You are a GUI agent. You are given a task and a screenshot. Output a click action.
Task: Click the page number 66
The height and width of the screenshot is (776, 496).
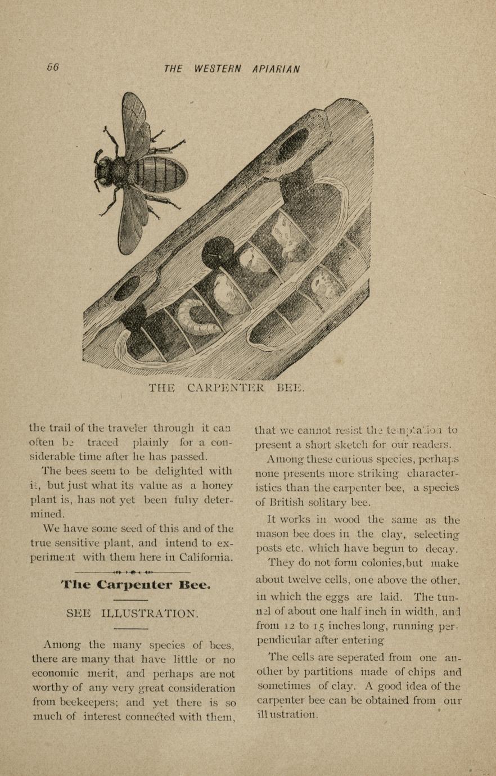[x=53, y=67]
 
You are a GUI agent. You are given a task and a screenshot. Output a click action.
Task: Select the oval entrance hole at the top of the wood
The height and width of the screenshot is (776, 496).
[x=292, y=145]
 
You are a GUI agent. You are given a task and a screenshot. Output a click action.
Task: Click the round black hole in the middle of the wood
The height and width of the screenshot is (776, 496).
[x=218, y=252]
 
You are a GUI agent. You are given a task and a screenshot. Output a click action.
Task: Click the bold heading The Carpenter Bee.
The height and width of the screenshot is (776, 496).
[x=136, y=585]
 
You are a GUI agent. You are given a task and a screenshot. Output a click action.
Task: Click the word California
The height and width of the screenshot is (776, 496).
[x=204, y=558]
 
